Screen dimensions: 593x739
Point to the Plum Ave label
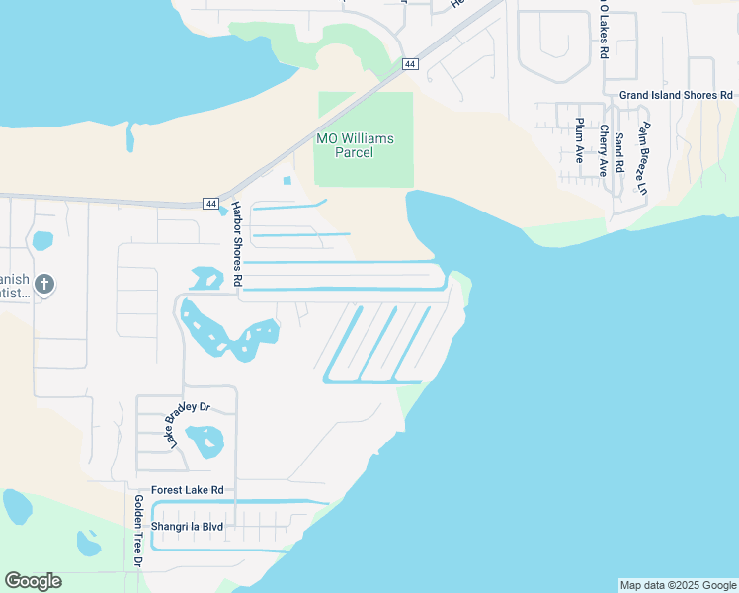580,140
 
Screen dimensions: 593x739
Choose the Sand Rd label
619,153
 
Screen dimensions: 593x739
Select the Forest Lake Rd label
188,490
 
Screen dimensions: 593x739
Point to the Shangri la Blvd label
187,527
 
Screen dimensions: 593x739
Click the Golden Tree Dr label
139,532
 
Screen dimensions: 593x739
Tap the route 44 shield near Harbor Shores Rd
211,204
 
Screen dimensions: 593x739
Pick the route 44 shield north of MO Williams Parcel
411,64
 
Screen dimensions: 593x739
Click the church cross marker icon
43,285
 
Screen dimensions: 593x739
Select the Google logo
33,581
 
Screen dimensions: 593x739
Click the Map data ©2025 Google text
678,585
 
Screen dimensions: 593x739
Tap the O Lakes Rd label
603,30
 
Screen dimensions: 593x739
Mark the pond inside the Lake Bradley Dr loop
205,440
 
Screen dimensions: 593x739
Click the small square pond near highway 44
287,181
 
